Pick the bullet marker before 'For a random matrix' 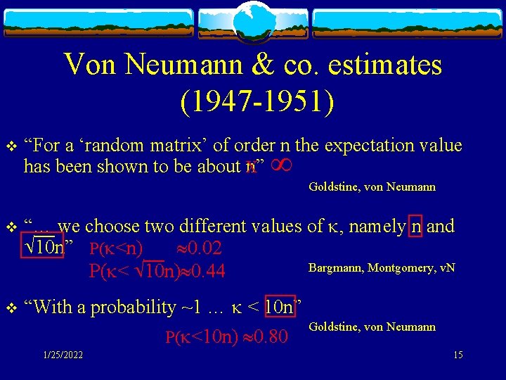coord(10,146)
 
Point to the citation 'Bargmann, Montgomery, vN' coord(382,267)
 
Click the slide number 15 coord(458,355)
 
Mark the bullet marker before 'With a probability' coord(10,308)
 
